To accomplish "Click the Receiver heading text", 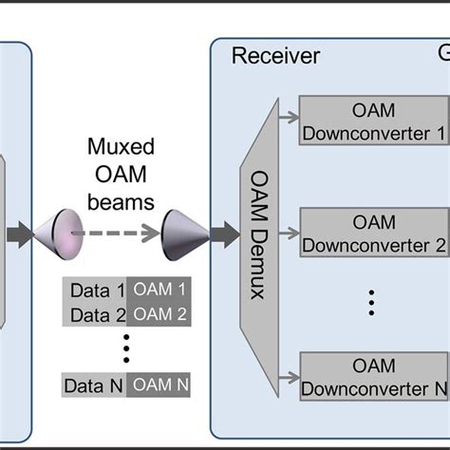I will (x=275, y=55).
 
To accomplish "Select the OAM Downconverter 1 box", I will (x=373, y=120).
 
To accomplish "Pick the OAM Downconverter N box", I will (x=373, y=376).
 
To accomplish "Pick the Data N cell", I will (x=93, y=385).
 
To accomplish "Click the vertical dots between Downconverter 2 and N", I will (x=373, y=304).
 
